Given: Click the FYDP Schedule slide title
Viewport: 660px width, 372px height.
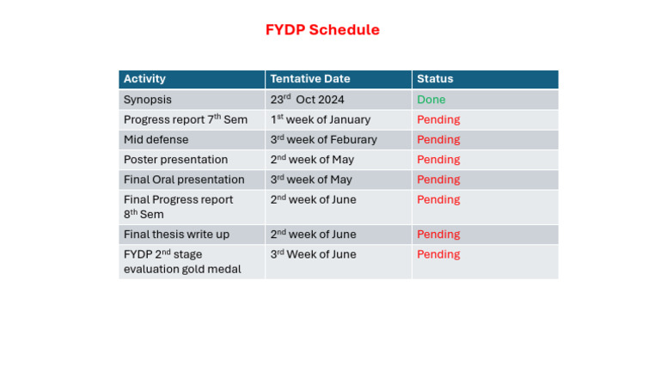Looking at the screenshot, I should click(322, 30).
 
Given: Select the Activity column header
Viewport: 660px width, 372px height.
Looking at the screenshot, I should click(144, 79).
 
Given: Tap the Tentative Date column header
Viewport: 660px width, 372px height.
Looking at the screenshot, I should click(310, 79).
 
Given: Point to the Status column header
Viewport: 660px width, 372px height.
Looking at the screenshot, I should click(435, 79).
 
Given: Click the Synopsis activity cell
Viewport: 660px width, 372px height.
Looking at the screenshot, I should click(147, 100).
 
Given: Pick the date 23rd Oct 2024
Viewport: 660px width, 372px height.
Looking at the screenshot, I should click(307, 100).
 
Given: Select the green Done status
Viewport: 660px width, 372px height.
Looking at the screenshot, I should click(431, 100).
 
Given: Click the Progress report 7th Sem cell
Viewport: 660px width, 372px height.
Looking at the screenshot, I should click(185, 119).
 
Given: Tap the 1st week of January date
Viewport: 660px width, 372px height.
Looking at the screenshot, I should click(320, 119).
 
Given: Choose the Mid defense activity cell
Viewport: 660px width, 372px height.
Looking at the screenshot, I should click(156, 139).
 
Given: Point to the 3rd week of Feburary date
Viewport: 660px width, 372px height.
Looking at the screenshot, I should click(323, 139).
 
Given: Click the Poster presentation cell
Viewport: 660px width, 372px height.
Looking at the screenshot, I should click(175, 160).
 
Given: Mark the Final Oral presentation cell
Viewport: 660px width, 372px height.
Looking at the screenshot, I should click(184, 180).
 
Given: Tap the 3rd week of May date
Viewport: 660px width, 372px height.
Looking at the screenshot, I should click(311, 180).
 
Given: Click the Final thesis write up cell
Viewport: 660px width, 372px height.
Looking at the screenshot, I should click(176, 235).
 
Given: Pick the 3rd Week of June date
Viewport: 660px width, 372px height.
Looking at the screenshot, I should click(313, 254).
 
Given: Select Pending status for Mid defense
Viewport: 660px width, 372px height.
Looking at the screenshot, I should click(438, 139).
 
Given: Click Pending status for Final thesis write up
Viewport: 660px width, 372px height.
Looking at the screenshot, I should click(438, 235).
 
